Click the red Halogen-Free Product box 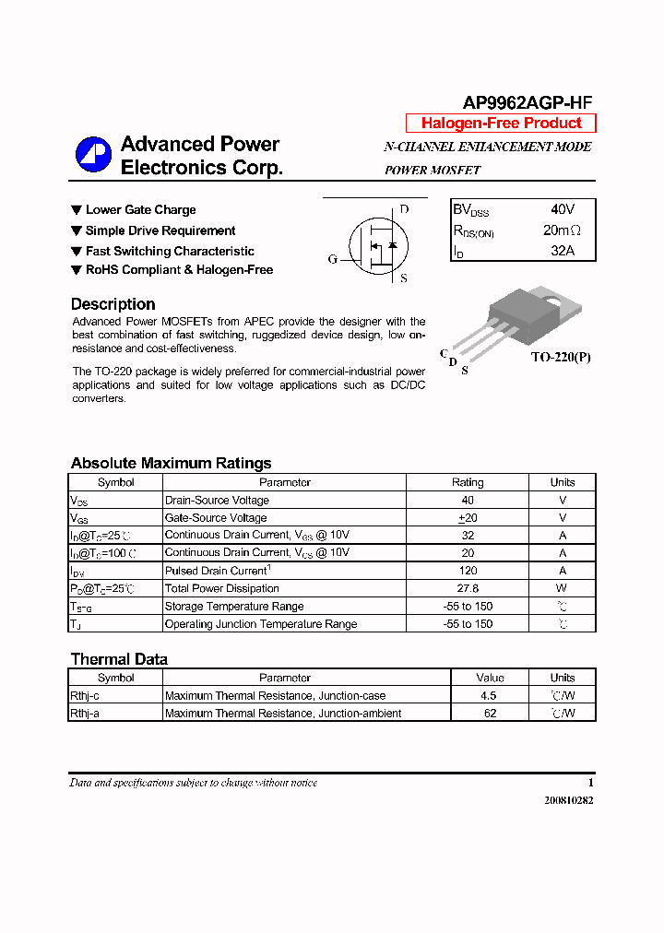[x=501, y=124]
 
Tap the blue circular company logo [x=93, y=155]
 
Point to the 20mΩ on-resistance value [x=562, y=230]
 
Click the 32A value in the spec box [x=562, y=251]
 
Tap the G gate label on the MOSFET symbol [x=333, y=259]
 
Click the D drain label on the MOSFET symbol [x=403, y=209]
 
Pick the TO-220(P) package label [x=560, y=357]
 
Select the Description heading [x=113, y=304]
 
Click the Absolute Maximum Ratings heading [x=171, y=464]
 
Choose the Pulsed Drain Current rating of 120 [x=468, y=571]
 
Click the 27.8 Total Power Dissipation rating [x=468, y=588]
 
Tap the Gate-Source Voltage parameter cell [x=216, y=518]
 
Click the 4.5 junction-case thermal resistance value [x=489, y=696]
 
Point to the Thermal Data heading [x=119, y=659]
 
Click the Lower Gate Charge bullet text [x=140, y=210]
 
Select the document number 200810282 [x=569, y=800]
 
